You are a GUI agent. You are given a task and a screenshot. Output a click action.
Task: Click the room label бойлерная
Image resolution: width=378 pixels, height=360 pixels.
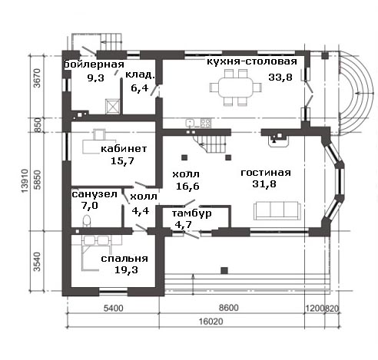[94, 64]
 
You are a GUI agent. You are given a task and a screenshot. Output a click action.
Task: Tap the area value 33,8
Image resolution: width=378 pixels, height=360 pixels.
[280, 77]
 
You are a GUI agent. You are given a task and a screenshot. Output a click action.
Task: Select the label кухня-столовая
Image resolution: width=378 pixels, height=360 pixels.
[252, 61]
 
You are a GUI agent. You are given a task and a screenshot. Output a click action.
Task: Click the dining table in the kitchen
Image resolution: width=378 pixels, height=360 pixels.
[236, 88]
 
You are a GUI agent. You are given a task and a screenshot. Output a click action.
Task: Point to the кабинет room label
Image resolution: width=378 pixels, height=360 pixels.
[124, 149]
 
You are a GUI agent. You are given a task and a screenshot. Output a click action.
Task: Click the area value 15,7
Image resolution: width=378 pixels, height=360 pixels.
[122, 161]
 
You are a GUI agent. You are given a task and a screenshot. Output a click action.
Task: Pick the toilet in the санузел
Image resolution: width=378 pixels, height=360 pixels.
[87, 220]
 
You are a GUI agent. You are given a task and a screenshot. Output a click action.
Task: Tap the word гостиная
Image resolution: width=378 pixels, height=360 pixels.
[266, 173]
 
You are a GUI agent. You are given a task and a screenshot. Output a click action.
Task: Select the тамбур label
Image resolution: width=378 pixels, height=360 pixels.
[191, 213]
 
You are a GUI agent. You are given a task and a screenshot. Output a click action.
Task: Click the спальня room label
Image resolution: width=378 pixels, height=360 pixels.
[124, 259]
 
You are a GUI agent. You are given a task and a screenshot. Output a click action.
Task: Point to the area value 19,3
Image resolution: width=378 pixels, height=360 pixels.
[126, 270]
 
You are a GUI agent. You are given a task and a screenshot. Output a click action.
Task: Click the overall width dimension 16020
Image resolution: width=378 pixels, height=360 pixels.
[211, 322]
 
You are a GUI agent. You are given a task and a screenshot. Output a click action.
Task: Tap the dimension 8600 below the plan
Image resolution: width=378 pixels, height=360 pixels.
[229, 308]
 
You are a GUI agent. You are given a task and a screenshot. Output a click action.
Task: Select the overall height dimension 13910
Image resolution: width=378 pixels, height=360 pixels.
[25, 180]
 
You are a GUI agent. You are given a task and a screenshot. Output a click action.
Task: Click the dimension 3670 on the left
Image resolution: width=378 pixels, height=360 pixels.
[37, 78]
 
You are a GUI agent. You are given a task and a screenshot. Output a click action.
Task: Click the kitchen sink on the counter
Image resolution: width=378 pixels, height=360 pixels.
[190, 123]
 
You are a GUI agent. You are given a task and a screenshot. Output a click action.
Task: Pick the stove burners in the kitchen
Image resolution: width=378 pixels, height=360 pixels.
[206, 123]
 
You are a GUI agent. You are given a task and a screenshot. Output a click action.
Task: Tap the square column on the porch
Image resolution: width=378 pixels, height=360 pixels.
[224, 270]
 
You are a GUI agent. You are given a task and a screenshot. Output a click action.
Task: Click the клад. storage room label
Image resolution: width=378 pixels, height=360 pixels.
[141, 74]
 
